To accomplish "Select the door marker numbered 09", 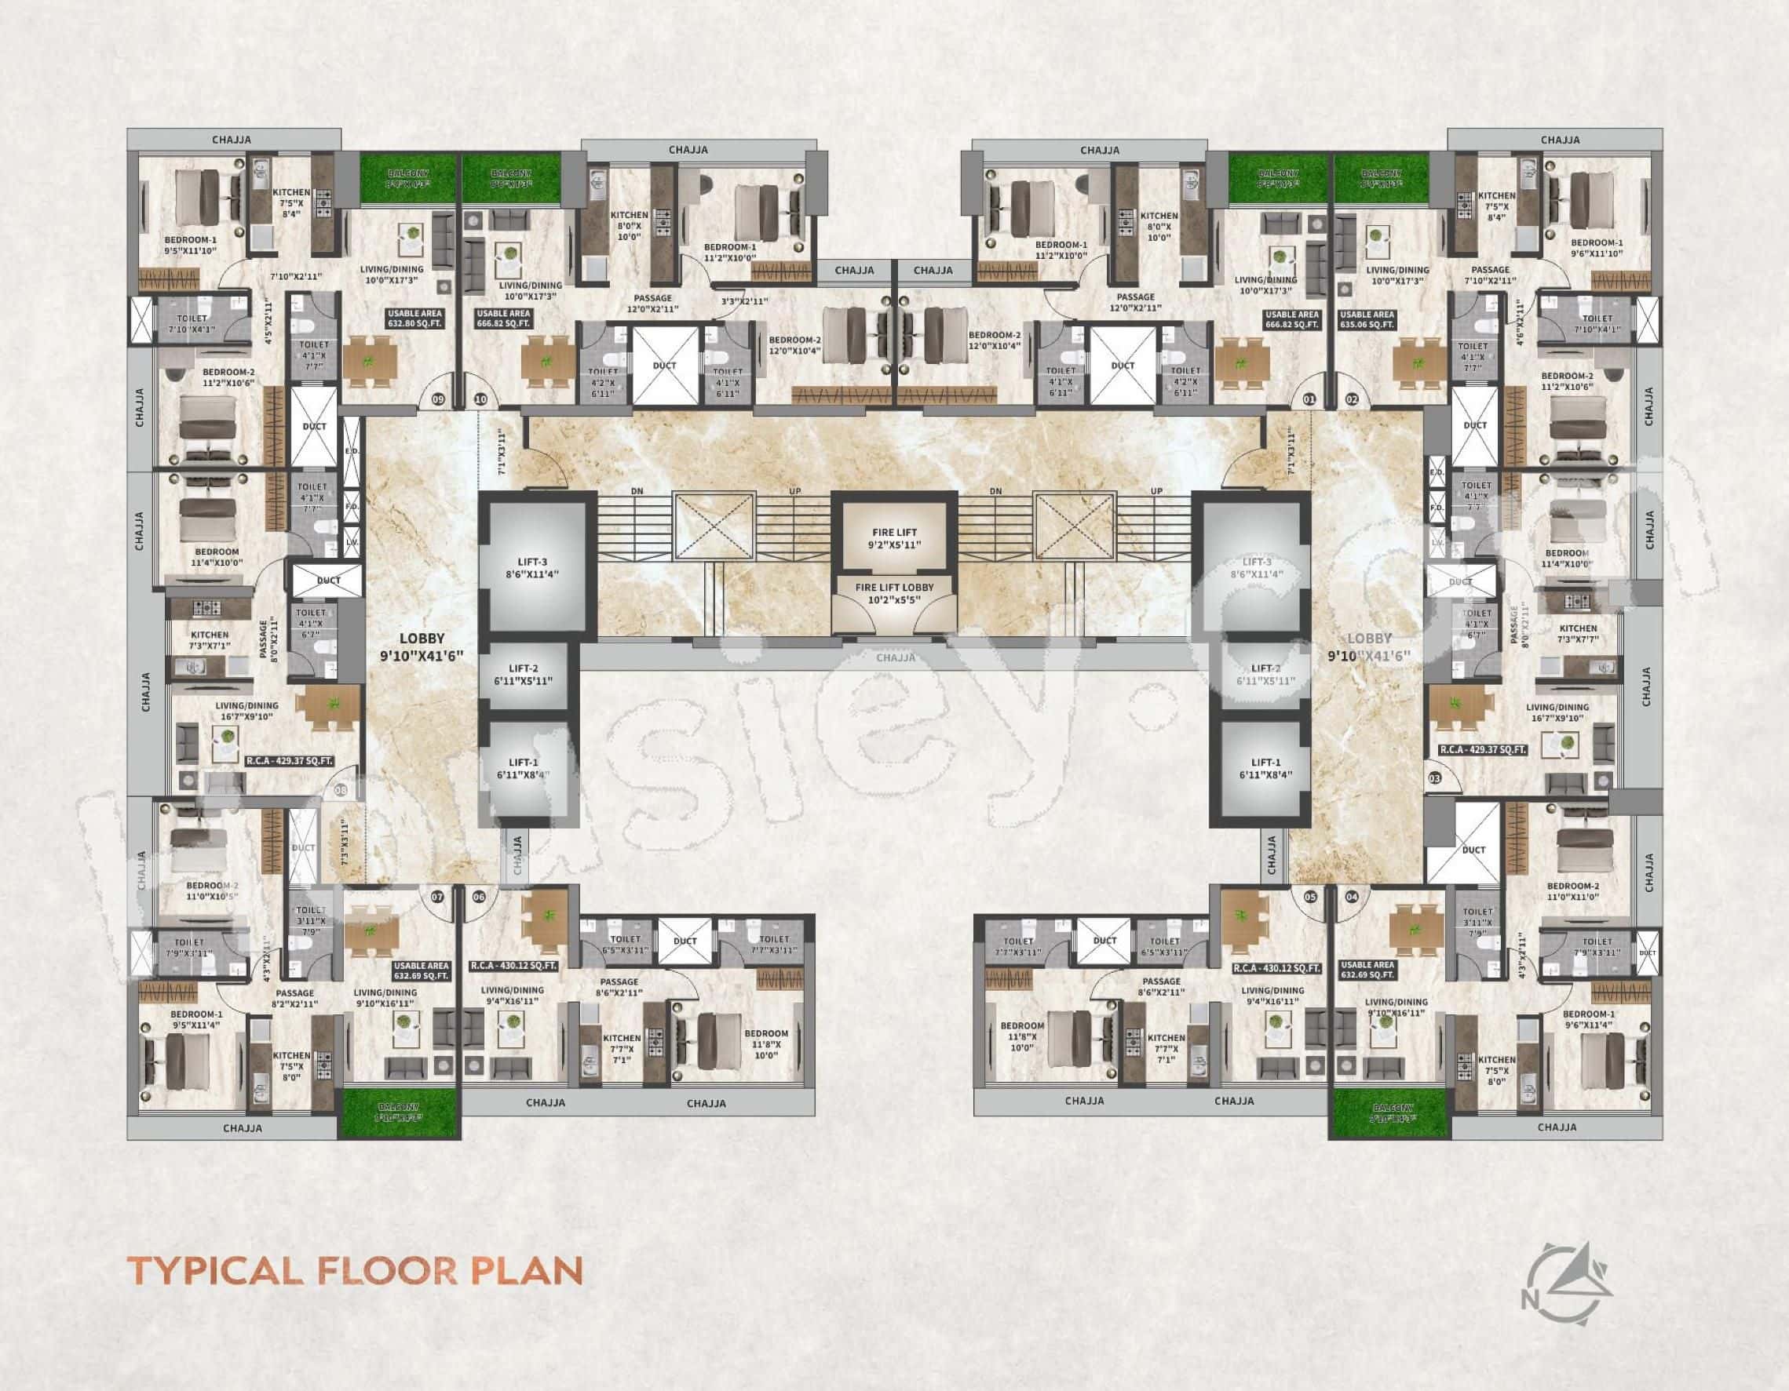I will (438, 400).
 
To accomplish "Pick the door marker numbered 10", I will (480, 400).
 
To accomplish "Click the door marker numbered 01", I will (1308, 400).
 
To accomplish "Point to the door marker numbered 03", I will (1434, 778).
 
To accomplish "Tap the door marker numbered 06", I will (479, 898).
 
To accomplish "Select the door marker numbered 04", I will (1352, 898).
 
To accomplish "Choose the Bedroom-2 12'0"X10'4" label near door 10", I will (794, 340).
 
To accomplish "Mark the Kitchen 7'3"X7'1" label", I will (210, 639).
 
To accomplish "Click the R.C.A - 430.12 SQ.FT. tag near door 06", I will (514, 966).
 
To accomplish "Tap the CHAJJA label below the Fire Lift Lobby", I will (896, 657).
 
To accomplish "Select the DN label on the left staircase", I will (637, 491).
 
